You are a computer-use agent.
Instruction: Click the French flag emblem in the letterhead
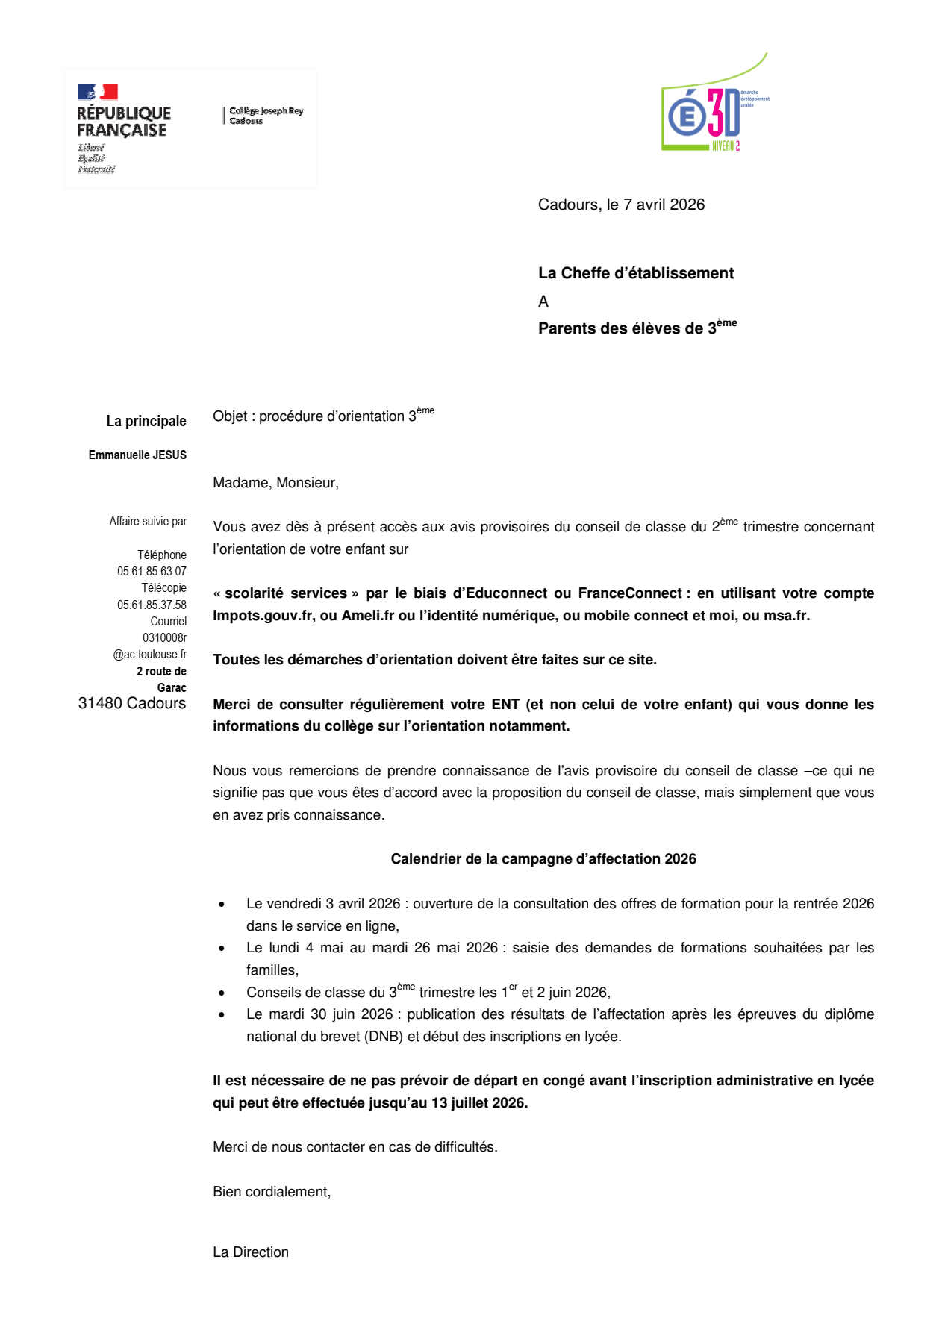pyautogui.click(x=98, y=92)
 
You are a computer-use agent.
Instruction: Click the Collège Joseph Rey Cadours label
pyautogui.click(x=266, y=116)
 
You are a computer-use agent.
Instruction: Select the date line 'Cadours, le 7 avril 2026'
pyautogui.click(x=621, y=205)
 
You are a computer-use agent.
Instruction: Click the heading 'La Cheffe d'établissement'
pyautogui.click(x=635, y=274)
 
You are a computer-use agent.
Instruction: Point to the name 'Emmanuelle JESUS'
pyautogui.click(x=137, y=455)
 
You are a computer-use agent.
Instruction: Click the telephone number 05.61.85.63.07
pyautogui.click(x=152, y=572)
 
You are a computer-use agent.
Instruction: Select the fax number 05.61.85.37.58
pyautogui.click(x=152, y=605)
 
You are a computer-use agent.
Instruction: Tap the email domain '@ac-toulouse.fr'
pyautogui.click(x=149, y=655)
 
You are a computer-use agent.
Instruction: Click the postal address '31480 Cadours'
pyautogui.click(x=132, y=704)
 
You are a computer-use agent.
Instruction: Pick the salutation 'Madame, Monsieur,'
pyautogui.click(x=275, y=483)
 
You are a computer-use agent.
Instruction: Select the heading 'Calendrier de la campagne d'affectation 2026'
pyautogui.click(x=543, y=859)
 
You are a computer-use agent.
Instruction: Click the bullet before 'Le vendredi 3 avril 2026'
pyautogui.click(x=222, y=905)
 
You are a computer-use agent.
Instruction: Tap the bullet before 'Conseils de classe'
pyautogui.click(x=222, y=993)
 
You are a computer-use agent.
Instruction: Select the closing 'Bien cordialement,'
pyautogui.click(x=272, y=1192)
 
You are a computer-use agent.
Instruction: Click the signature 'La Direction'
pyautogui.click(x=251, y=1252)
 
